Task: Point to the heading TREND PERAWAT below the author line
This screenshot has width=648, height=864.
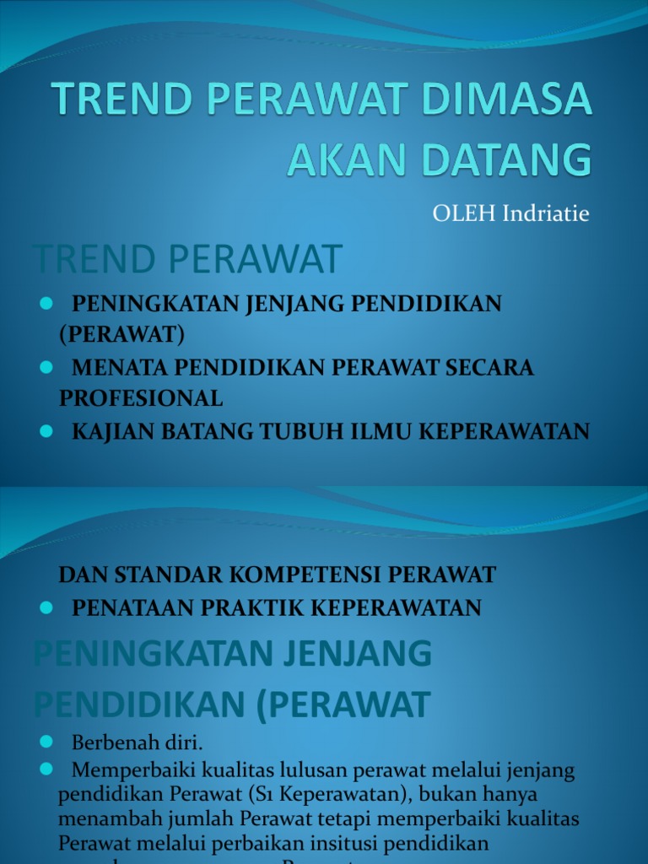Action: (x=187, y=259)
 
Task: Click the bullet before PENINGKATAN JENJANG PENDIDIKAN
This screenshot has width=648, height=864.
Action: (x=46, y=304)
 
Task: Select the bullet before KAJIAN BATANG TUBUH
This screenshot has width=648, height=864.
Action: (x=46, y=430)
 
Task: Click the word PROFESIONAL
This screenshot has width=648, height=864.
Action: (x=141, y=397)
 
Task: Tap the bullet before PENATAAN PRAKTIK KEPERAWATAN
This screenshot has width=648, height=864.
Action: (x=46, y=607)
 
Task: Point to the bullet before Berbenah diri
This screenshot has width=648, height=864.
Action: (x=46, y=742)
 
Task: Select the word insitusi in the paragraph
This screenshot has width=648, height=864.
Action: (x=379, y=843)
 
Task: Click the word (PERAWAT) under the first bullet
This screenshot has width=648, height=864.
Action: (x=121, y=334)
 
